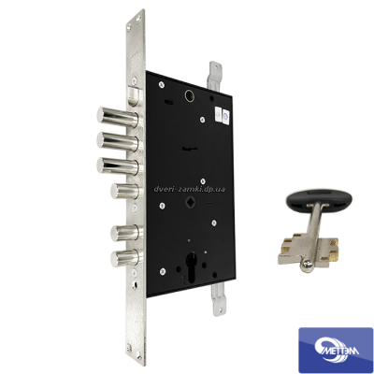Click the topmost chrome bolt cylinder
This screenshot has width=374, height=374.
click(x=118, y=118)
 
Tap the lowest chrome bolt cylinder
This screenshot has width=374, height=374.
click(x=127, y=258)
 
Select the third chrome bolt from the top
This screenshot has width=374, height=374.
click(x=118, y=165)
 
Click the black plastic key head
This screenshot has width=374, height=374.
click(x=319, y=200)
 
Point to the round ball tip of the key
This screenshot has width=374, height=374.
click(x=305, y=266)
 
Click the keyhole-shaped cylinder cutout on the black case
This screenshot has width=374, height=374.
click(x=191, y=266)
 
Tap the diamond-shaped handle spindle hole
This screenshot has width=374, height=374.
click(x=189, y=202)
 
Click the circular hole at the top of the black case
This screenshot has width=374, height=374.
click(x=189, y=94)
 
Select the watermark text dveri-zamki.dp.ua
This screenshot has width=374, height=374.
click(x=190, y=189)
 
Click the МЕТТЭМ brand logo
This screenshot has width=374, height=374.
click(x=336, y=350)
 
